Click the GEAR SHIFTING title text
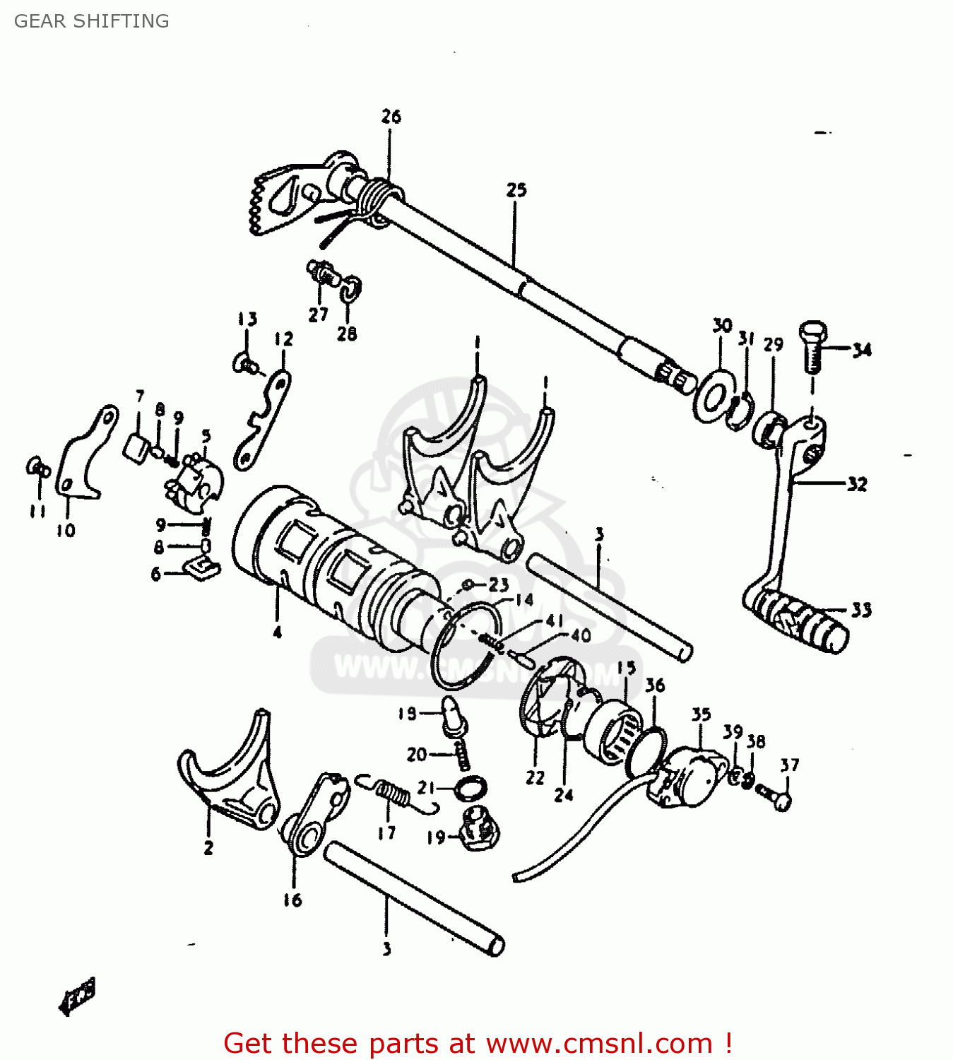point(92,21)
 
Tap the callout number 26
point(391,117)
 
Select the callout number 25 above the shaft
point(516,190)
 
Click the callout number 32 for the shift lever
point(857,484)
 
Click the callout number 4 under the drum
point(277,632)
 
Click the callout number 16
point(292,900)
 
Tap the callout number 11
point(37,511)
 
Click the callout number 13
point(247,319)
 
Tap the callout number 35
point(700,714)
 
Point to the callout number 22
point(535,777)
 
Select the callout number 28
point(346,334)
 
